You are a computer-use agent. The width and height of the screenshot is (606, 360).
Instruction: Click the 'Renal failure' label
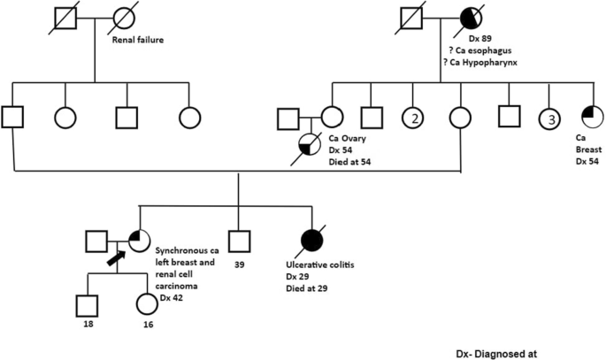point(143,41)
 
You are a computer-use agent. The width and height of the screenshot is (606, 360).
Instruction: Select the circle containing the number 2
point(413,116)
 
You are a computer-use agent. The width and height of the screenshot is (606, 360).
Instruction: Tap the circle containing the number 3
point(549,116)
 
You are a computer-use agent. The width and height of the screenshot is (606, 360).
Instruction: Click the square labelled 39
point(237,240)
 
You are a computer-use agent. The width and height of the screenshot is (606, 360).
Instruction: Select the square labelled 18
point(86,304)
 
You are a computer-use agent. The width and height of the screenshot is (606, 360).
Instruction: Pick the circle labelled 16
point(146,304)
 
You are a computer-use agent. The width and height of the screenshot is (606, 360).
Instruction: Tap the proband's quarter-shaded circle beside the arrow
point(140,240)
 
